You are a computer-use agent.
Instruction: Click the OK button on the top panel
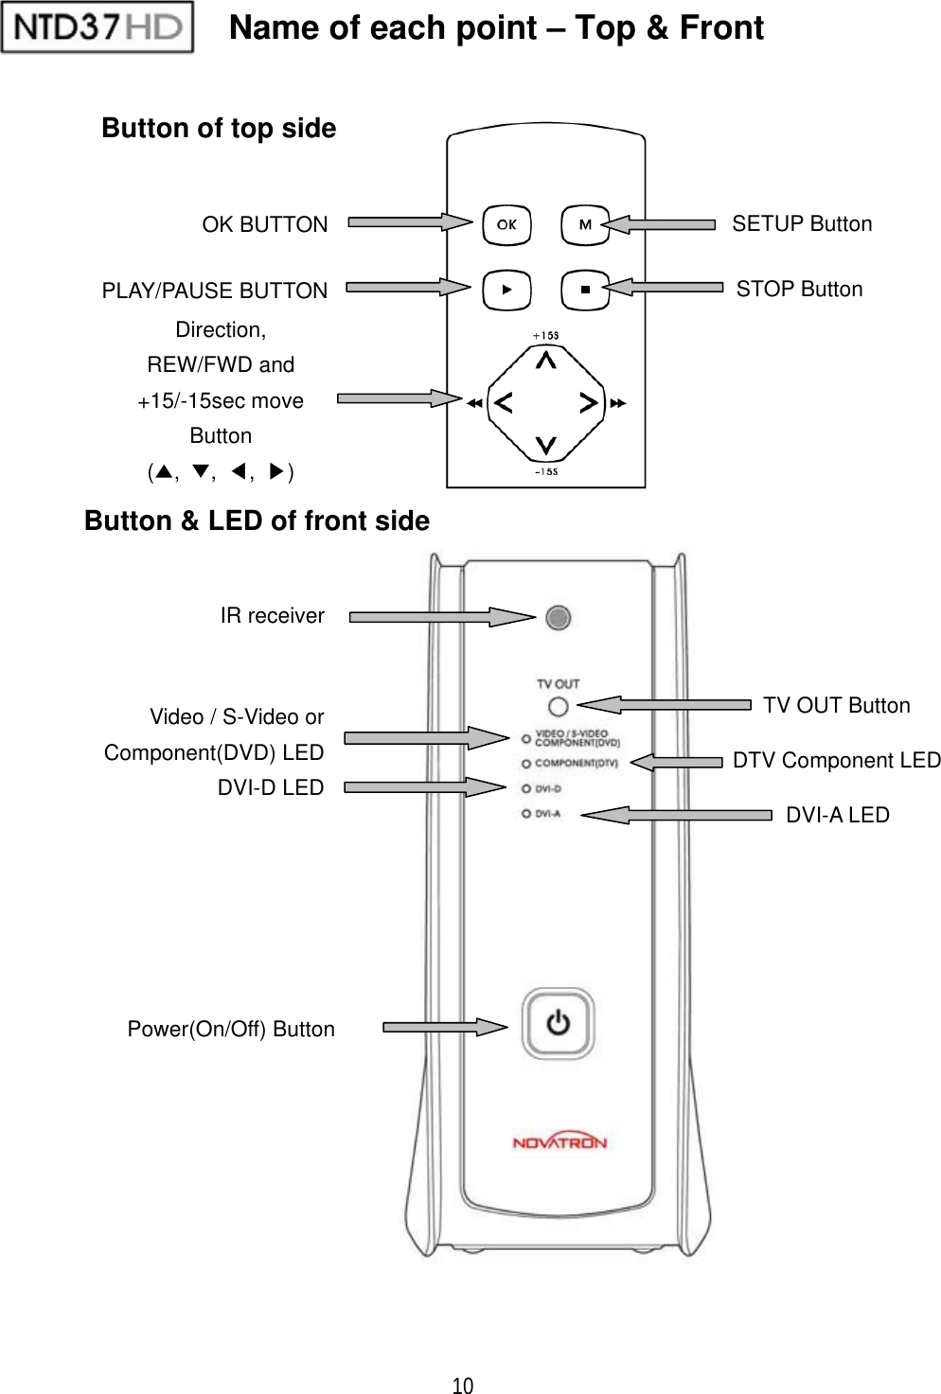[x=506, y=225]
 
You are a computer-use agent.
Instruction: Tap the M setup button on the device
[x=584, y=225]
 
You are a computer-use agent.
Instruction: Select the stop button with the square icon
[x=584, y=290]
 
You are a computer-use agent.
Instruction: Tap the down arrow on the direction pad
[x=546, y=444]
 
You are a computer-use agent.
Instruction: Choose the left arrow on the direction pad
[x=504, y=403]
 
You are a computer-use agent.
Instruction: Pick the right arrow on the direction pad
[x=588, y=403]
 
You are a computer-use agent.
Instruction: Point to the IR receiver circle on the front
[x=559, y=618]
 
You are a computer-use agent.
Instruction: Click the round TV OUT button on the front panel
[x=558, y=706]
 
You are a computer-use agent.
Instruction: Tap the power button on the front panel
[x=559, y=1023]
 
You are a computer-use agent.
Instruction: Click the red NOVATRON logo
[x=559, y=1142]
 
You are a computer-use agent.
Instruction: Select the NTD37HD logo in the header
[x=98, y=26]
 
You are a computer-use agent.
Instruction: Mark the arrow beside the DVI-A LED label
[x=677, y=815]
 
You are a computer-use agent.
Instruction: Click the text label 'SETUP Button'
[x=802, y=224]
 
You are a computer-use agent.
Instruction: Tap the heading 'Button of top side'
[x=219, y=129]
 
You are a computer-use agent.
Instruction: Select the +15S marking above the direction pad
[x=545, y=335]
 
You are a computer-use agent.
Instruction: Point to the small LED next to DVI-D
[x=525, y=788]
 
